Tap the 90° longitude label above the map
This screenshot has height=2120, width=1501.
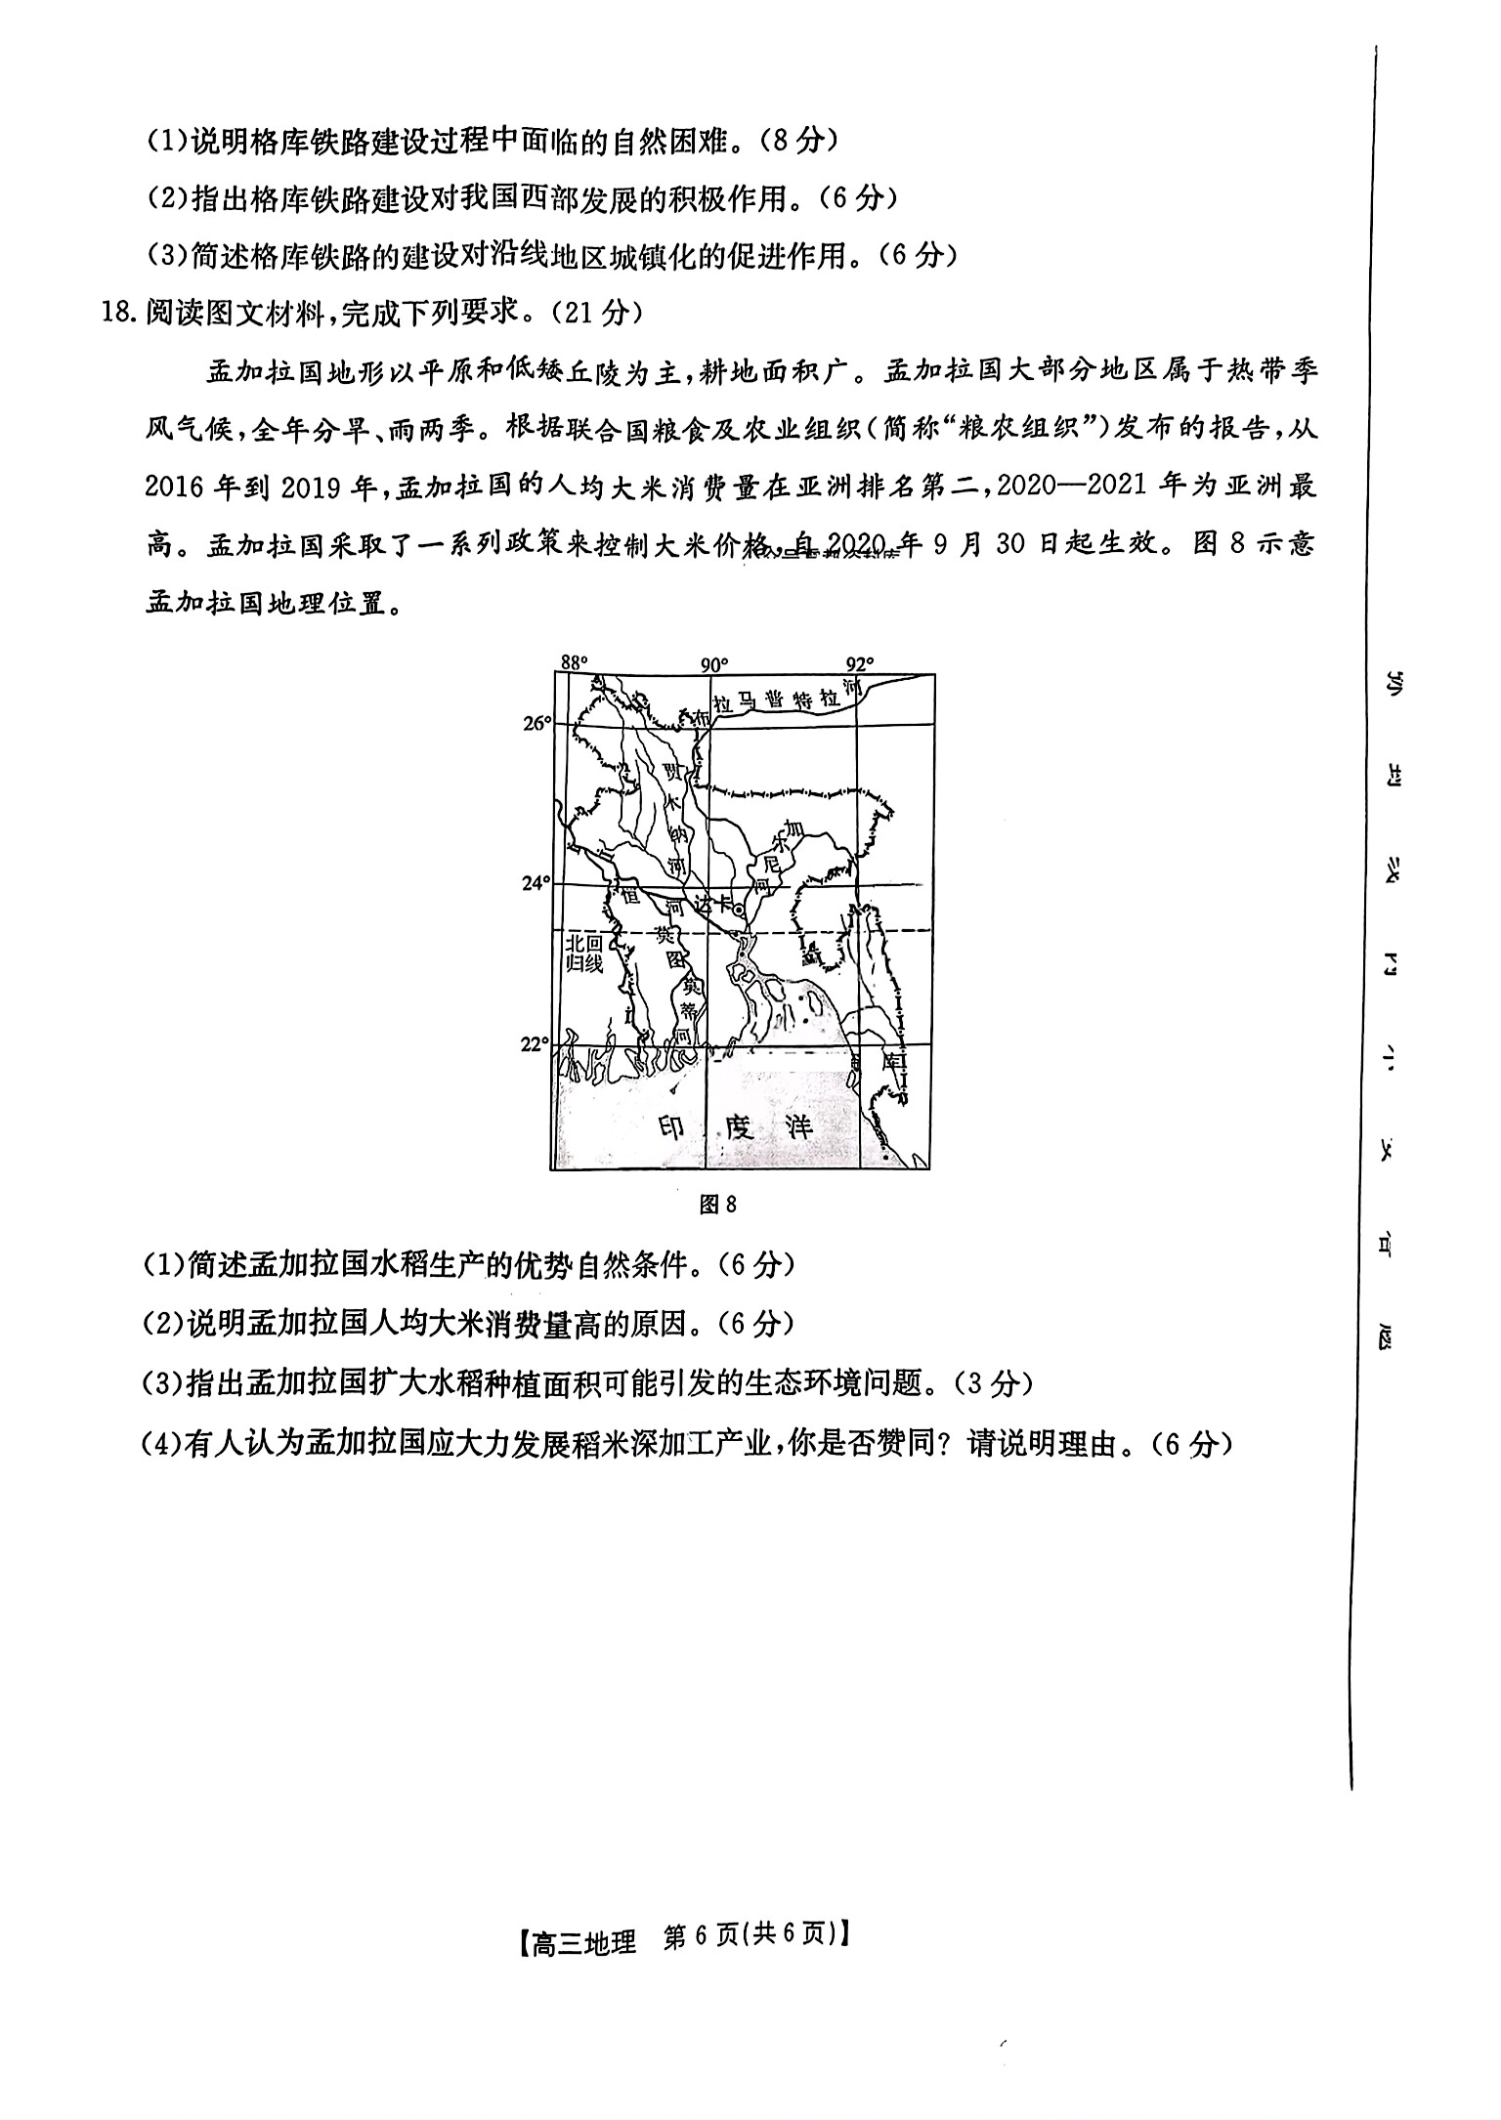coord(714,664)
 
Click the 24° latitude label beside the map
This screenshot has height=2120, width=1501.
coord(536,883)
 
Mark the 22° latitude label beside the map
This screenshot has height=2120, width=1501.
coord(536,1044)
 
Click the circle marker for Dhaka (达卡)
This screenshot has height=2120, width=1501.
coord(740,910)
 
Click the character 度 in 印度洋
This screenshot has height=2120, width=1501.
coord(736,1127)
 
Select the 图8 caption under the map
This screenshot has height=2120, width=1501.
coord(718,1205)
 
